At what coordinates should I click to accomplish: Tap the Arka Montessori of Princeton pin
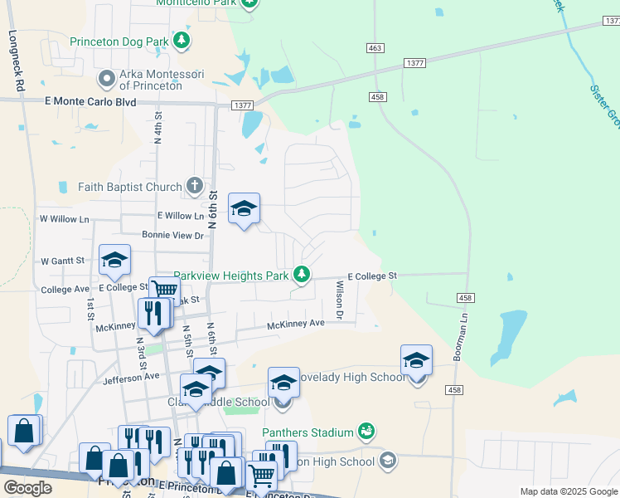107,80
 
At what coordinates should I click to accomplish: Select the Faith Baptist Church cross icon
194,186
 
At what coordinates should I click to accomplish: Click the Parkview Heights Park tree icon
303,274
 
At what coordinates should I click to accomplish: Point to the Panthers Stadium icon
366,431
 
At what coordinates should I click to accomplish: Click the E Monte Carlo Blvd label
89,100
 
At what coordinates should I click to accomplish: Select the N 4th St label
157,130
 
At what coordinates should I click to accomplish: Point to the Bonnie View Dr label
172,236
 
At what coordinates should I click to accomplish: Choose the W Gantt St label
62,260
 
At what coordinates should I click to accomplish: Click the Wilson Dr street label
339,300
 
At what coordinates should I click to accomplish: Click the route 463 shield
375,49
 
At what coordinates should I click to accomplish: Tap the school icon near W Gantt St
114,260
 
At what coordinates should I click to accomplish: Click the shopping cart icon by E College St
164,290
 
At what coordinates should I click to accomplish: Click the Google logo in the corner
27,488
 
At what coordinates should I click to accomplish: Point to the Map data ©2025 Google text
568,491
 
